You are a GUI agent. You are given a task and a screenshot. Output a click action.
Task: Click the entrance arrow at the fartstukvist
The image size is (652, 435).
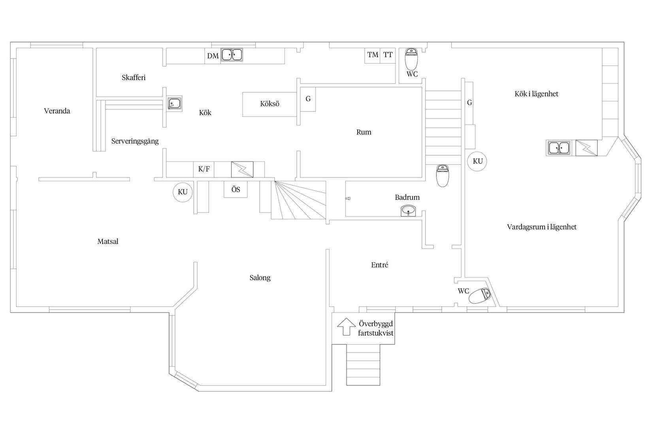pyautogui.click(x=346, y=327)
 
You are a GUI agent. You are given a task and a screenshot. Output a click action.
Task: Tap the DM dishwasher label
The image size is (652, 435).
pyautogui.click(x=213, y=56)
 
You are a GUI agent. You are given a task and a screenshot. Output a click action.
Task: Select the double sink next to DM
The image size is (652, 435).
pyautogui.click(x=232, y=55)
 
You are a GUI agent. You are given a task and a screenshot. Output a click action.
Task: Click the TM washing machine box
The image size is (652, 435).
pyautogui.click(x=373, y=55)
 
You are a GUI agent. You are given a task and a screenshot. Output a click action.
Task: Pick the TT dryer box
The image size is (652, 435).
pyautogui.click(x=388, y=55)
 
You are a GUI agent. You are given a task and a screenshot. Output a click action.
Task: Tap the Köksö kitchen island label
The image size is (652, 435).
pyautogui.click(x=270, y=104)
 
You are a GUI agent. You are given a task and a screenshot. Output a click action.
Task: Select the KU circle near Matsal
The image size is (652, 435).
pyautogui.click(x=183, y=192)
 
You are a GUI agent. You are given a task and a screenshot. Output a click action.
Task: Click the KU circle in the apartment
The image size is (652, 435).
pyautogui.click(x=477, y=161)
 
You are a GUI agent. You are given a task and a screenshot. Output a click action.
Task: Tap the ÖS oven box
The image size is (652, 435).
pyautogui.click(x=236, y=189)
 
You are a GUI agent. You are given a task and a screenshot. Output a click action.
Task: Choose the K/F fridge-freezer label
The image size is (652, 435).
pyautogui.click(x=204, y=169)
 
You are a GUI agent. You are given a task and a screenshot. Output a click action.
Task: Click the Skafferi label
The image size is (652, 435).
pyautogui.click(x=134, y=78)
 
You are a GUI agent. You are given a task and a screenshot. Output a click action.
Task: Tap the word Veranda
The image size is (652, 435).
pyautogui.click(x=57, y=111)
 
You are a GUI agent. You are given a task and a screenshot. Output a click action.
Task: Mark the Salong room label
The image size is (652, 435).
pyautogui.click(x=260, y=278)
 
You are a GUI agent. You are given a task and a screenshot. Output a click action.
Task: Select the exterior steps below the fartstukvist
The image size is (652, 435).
pyautogui.click(x=363, y=364)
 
